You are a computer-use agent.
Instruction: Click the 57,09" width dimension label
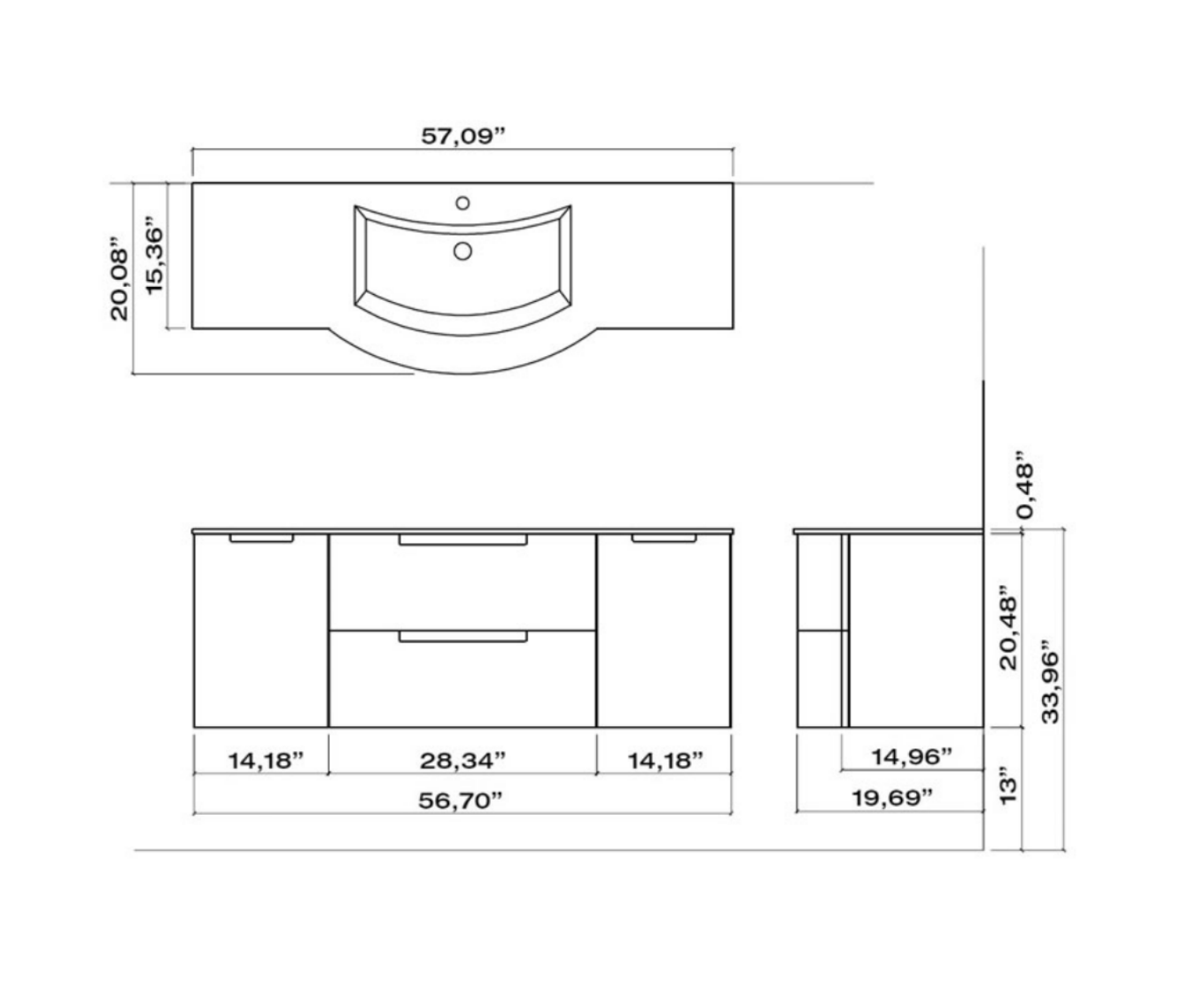462,137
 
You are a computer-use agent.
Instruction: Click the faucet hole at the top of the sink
462,202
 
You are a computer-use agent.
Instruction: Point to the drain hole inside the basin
462,252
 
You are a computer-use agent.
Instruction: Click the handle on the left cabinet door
261,538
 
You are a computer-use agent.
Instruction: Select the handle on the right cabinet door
664,538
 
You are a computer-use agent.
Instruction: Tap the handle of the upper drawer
462,539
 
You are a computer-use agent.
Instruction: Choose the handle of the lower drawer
462,636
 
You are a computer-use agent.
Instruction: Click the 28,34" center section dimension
462,760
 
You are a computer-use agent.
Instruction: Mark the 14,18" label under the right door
665,760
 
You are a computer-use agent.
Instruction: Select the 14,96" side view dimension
912,756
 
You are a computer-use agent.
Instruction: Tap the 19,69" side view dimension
892,797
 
